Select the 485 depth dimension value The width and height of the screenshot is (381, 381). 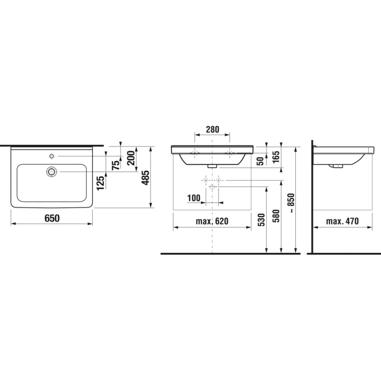click(147, 177)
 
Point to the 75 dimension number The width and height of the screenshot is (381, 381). click(116, 165)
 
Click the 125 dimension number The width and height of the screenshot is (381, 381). click(101, 182)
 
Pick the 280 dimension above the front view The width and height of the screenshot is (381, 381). click(212, 130)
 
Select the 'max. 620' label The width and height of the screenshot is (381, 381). click(212, 221)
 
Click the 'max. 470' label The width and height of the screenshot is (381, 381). click(342, 221)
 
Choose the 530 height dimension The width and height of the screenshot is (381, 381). click(262, 219)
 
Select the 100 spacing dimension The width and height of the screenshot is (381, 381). click(194, 198)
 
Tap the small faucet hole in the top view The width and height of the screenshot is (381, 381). click(52, 156)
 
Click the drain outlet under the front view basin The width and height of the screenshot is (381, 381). click(212, 166)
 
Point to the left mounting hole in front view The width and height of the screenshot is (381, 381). click(195, 153)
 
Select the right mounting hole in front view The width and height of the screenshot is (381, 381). click(229, 153)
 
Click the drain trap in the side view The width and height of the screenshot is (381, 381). click(337, 166)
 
